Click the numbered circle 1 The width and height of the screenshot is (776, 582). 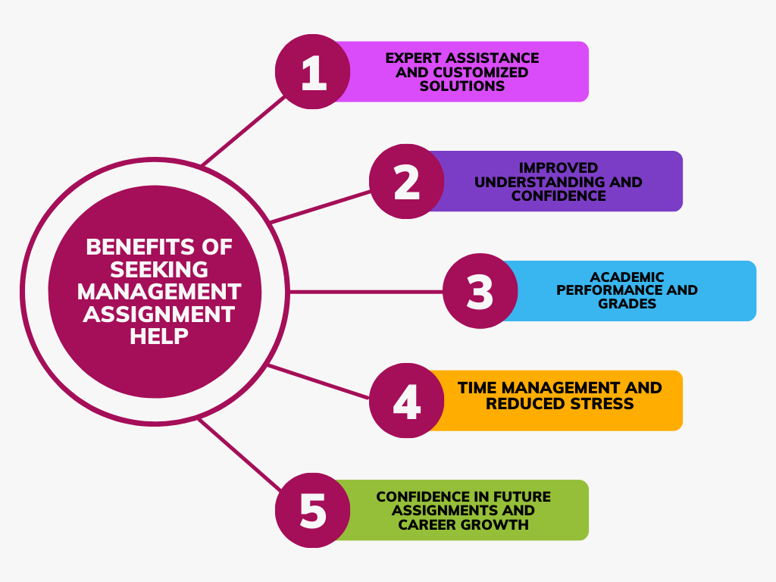[312, 72]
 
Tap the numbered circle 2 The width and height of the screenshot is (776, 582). [407, 182]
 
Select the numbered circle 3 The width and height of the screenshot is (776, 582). [480, 291]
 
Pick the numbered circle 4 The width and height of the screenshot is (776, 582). [407, 400]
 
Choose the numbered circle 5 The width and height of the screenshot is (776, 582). [312, 510]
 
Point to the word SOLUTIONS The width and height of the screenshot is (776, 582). [462, 86]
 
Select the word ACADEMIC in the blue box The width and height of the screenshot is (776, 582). [627, 277]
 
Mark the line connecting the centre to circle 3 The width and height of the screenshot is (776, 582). [364, 291]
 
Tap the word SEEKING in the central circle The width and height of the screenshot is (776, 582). [159, 269]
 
